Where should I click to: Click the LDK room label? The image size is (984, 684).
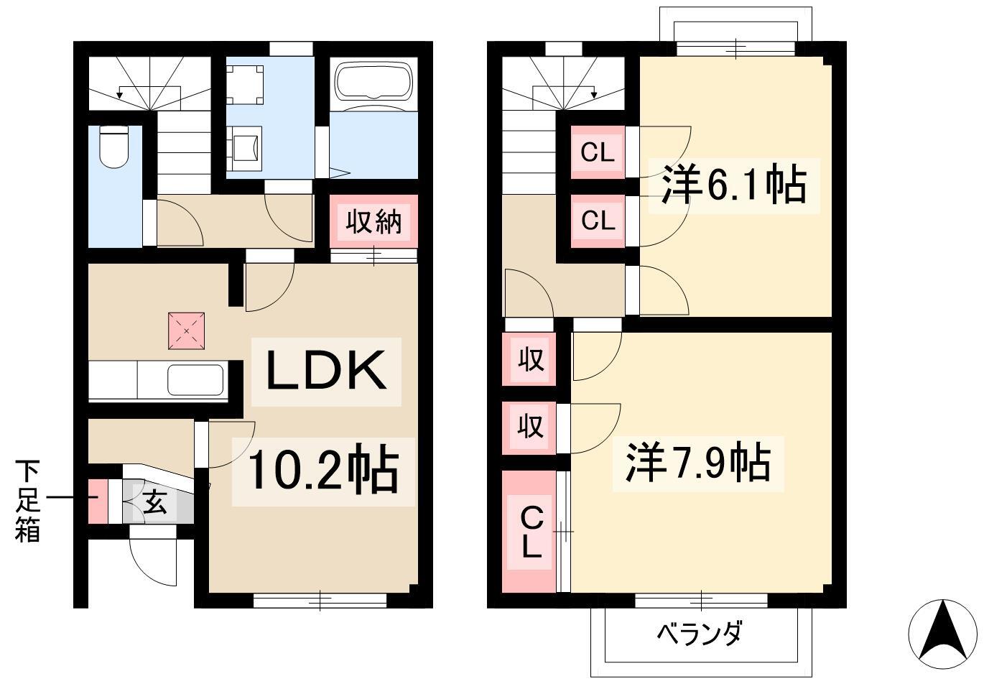[x=326, y=371]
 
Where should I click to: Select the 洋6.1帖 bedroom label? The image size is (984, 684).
[x=734, y=185]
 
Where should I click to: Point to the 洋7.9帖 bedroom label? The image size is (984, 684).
[x=698, y=463]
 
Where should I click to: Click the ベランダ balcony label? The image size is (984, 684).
[x=700, y=634]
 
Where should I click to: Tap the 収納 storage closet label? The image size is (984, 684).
[x=373, y=221]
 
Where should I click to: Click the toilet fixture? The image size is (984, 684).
[x=113, y=147]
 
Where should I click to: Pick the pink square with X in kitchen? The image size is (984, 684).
[x=186, y=331]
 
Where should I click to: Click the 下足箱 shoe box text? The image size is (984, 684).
[x=28, y=500]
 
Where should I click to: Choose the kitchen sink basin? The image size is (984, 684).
[x=195, y=381]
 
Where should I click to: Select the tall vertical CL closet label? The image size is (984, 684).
[x=532, y=532]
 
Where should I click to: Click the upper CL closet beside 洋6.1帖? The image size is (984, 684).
[x=598, y=152]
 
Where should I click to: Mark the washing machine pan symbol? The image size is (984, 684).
[x=245, y=85]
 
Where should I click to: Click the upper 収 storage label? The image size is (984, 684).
[x=531, y=359]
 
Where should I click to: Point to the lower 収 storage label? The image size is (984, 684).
[x=531, y=426]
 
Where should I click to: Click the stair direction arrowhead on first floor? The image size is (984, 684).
[x=119, y=95]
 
